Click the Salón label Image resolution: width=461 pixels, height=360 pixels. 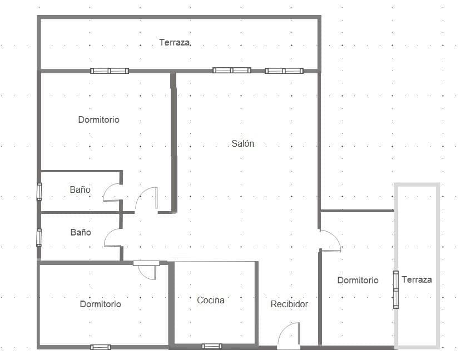pyautogui.click(x=243, y=143)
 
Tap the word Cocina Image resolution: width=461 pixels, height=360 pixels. pyautogui.click(x=211, y=300)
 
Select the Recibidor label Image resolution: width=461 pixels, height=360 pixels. pyautogui.click(x=289, y=304)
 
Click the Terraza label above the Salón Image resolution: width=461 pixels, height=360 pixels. pyautogui.click(x=175, y=42)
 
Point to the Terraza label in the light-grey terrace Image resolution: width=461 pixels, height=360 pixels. pyautogui.click(x=417, y=279)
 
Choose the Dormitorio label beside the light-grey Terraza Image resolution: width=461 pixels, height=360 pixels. pyautogui.click(x=358, y=280)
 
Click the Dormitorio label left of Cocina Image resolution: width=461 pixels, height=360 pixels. pyautogui.click(x=100, y=304)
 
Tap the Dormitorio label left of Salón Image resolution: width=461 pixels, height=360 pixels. pyautogui.click(x=98, y=119)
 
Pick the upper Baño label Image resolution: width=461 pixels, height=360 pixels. pyautogui.click(x=80, y=189)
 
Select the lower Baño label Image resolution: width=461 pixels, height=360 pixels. pyautogui.click(x=81, y=232)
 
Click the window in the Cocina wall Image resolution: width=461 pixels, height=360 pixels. pyautogui.click(x=212, y=346)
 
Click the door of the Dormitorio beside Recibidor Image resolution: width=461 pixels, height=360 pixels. pyautogui.click(x=330, y=241)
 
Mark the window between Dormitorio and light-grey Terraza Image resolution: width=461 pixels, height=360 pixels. pyautogui.click(x=395, y=289)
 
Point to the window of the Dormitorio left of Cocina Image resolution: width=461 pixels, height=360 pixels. pyautogui.click(x=101, y=347)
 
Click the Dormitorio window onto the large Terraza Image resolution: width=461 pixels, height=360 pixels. pyautogui.click(x=110, y=71)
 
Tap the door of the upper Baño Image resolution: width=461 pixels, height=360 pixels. pyautogui.click(x=112, y=192)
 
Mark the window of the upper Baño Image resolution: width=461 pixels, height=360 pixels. pyautogui.click(x=39, y=191)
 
